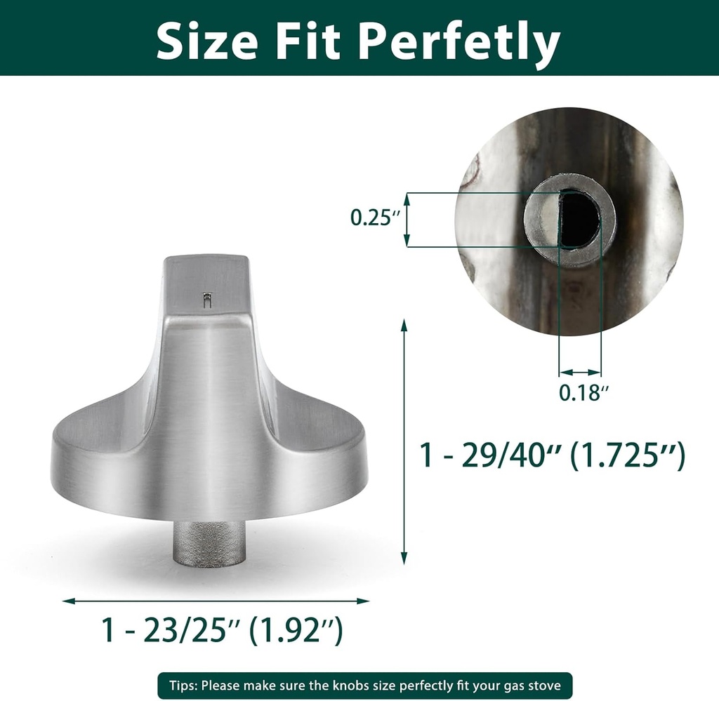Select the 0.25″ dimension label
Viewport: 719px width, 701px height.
click(375, 218)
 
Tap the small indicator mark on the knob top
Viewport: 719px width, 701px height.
click(205, 300)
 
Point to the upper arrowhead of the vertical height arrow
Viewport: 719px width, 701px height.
click(404, 325)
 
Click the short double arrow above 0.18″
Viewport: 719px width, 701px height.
click(580, 372)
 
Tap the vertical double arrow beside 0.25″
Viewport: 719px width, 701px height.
click(407, 220)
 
